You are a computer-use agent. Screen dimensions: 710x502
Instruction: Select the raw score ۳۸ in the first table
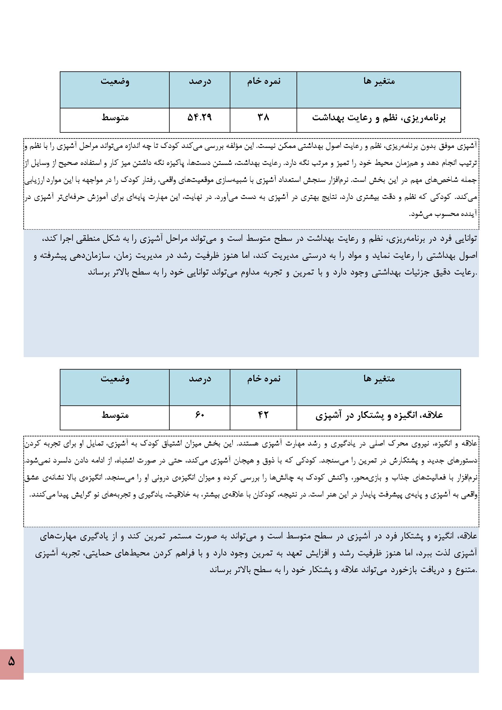click(x=263, y=118)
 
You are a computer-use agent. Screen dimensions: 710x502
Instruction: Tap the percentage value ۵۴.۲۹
click(x=199, y=118)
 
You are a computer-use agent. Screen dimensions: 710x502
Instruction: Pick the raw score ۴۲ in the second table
click(x=263, y=415)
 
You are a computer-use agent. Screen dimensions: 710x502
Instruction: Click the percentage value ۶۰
click(x=199, y=415)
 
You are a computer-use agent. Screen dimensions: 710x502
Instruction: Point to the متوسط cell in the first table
click(x=115, y=118)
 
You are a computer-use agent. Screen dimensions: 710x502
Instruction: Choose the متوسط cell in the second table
click(x=115, y=415)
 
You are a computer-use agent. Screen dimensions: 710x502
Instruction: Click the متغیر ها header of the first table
click(x=379, y=81)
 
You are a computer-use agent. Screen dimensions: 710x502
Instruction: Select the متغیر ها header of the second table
click(x=379, y=379)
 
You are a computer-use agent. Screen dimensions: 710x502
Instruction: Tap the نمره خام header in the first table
click(x=264, y=81)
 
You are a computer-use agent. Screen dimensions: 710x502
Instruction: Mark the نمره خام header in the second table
click(x=264, y=379)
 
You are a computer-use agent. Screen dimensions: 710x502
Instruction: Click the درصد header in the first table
click(x=200, y=81)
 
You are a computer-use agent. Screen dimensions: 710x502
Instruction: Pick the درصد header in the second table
click(x=200, y=379)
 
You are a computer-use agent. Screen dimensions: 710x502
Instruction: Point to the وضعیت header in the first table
click(x=115, y=81)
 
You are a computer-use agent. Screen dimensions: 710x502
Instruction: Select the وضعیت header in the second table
click(x=115, y=379)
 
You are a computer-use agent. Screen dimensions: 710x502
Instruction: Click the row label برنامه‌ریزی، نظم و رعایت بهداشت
click(x=379, y=118)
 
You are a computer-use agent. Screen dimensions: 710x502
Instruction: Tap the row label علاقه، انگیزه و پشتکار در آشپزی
click(x=379, y=415)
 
